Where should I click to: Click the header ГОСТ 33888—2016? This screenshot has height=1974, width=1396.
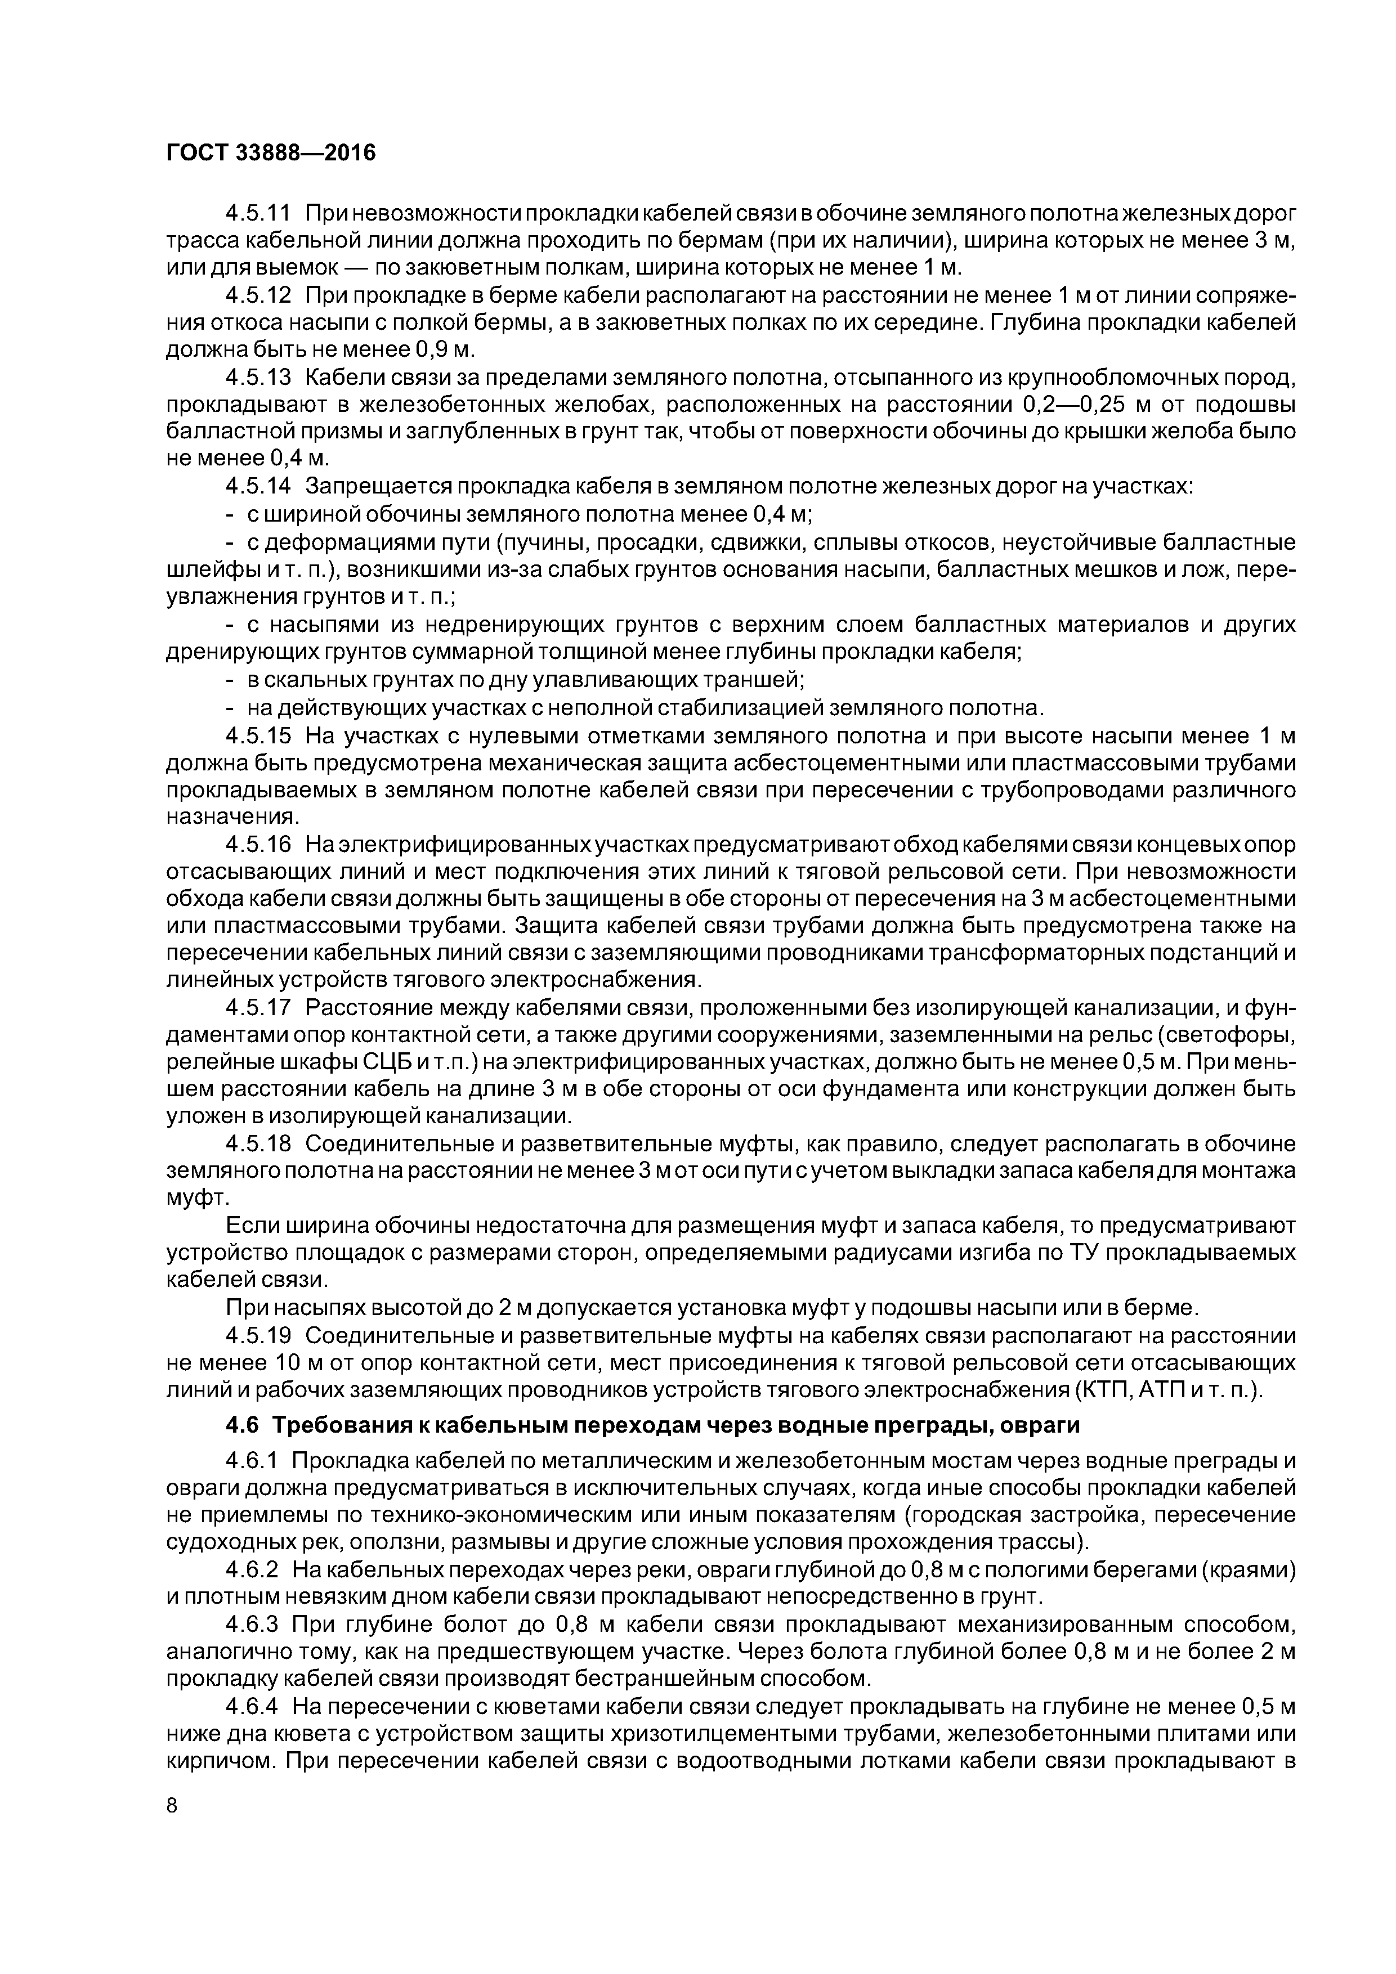point(271,153)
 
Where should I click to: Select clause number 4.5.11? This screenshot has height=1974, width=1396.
point(258,212)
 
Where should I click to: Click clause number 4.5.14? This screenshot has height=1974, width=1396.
point(258,487)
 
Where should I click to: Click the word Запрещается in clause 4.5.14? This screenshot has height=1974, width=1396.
point(377,487)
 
